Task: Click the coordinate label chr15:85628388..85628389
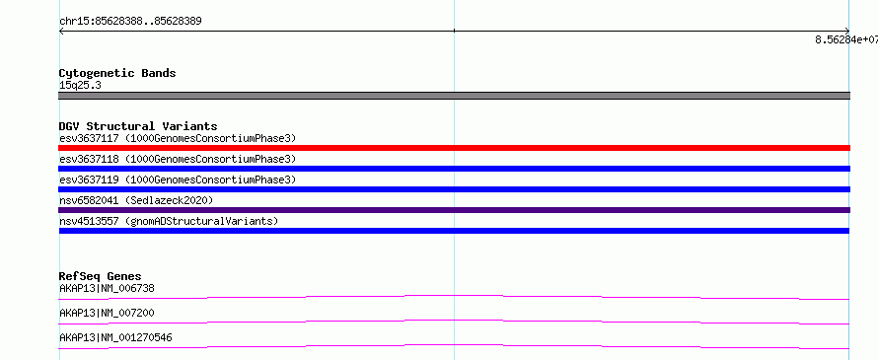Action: [x=130, y=22]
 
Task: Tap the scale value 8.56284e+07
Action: [x=846, y=39]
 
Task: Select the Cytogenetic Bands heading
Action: [x=117, y=73]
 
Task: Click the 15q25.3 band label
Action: [x=80, y=86]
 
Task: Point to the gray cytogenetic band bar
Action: [x=454, y=96]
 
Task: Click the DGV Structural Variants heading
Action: [x=138, y=126]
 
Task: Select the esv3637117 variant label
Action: [x=178, y=138]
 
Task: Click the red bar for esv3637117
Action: [x=454, y=148]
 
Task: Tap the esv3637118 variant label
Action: [x=178, y=159]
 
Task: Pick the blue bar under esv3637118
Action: [x=454, y=169]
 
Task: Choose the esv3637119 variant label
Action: [x=178, y=180]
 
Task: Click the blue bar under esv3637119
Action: [x=454, y=189]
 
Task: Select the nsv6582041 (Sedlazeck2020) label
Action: [x=136, y=200]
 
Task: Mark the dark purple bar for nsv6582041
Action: [x=454, y=210]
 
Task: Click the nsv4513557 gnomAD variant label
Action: [x=169, y=221]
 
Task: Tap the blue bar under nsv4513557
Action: [x=454, y=231]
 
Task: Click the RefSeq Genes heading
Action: [x=101, y=276]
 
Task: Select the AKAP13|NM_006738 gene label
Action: [x=107, y=289]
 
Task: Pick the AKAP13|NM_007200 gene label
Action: [x=107, y=313]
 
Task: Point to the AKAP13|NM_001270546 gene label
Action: [x=115, y=337]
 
